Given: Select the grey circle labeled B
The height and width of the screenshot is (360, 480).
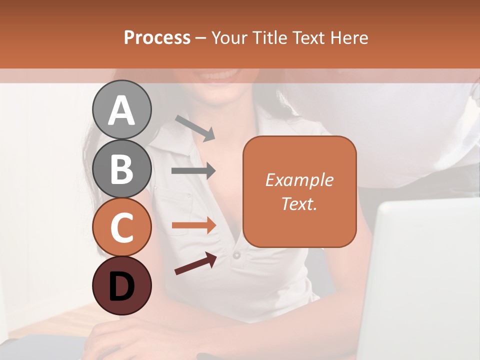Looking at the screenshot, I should (x=121, y=168).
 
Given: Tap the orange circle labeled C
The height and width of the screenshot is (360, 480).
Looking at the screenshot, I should (x=121, y=227).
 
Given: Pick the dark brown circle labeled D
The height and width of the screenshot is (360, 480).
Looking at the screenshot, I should (x=121, y=285).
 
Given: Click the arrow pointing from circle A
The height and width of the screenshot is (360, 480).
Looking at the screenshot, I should (x=195, y=128).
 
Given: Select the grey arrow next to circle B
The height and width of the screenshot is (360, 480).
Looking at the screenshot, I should (x=193, y=171).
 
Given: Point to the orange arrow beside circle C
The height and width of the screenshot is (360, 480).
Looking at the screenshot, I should (x=193, y=225).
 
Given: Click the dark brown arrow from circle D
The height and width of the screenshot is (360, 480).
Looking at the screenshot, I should (x=195, y=263).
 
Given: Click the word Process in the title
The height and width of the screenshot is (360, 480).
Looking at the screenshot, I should (x=157, y=37).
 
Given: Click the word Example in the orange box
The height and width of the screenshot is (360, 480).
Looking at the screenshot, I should (x=299, y=180).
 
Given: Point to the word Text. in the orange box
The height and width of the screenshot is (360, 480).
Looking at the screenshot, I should (x=299, y=203).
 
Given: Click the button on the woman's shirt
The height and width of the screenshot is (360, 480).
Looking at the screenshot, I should (x=236, y=255).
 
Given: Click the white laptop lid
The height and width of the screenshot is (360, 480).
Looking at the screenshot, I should (x=425, y=280).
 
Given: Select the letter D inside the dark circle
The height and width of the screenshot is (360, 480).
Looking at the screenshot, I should (x=121, y=286).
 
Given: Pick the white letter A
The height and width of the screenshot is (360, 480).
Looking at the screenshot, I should (x=121, y=110).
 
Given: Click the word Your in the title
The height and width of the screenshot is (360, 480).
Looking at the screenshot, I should (x=230, y=37).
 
